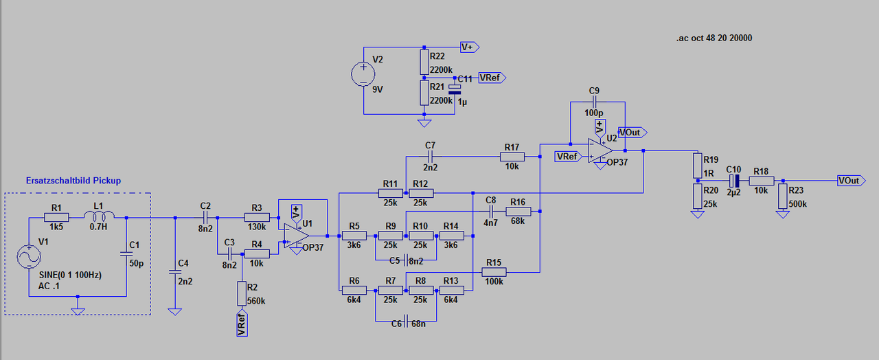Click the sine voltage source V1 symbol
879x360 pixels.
coord(29,257)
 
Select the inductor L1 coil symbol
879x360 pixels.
coord(99,215)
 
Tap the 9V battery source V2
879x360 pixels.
coord(363,74)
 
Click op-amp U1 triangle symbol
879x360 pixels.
coord(296,236)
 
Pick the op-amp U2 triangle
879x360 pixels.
coord(600,150)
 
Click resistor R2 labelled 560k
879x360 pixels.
coord(242,293)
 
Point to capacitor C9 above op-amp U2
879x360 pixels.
coord(594,102)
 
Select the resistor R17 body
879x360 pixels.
coord(512,157)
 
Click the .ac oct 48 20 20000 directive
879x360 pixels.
coord(714,38)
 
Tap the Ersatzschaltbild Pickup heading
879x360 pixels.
coord(73,181)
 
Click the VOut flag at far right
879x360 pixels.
coord(851,181)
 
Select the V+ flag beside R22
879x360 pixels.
coord(470,47)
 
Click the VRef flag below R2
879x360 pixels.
coord(242,324)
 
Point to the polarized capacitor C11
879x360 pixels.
coord(455,89)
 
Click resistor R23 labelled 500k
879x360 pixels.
coord(783,196)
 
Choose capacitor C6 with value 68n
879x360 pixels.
coord(406,321)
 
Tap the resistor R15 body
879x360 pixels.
coord(494,271)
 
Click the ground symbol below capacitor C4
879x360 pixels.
coord(174,312)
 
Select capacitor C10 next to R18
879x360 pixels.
coord(734,181)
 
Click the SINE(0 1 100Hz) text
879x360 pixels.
coord(70,275)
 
